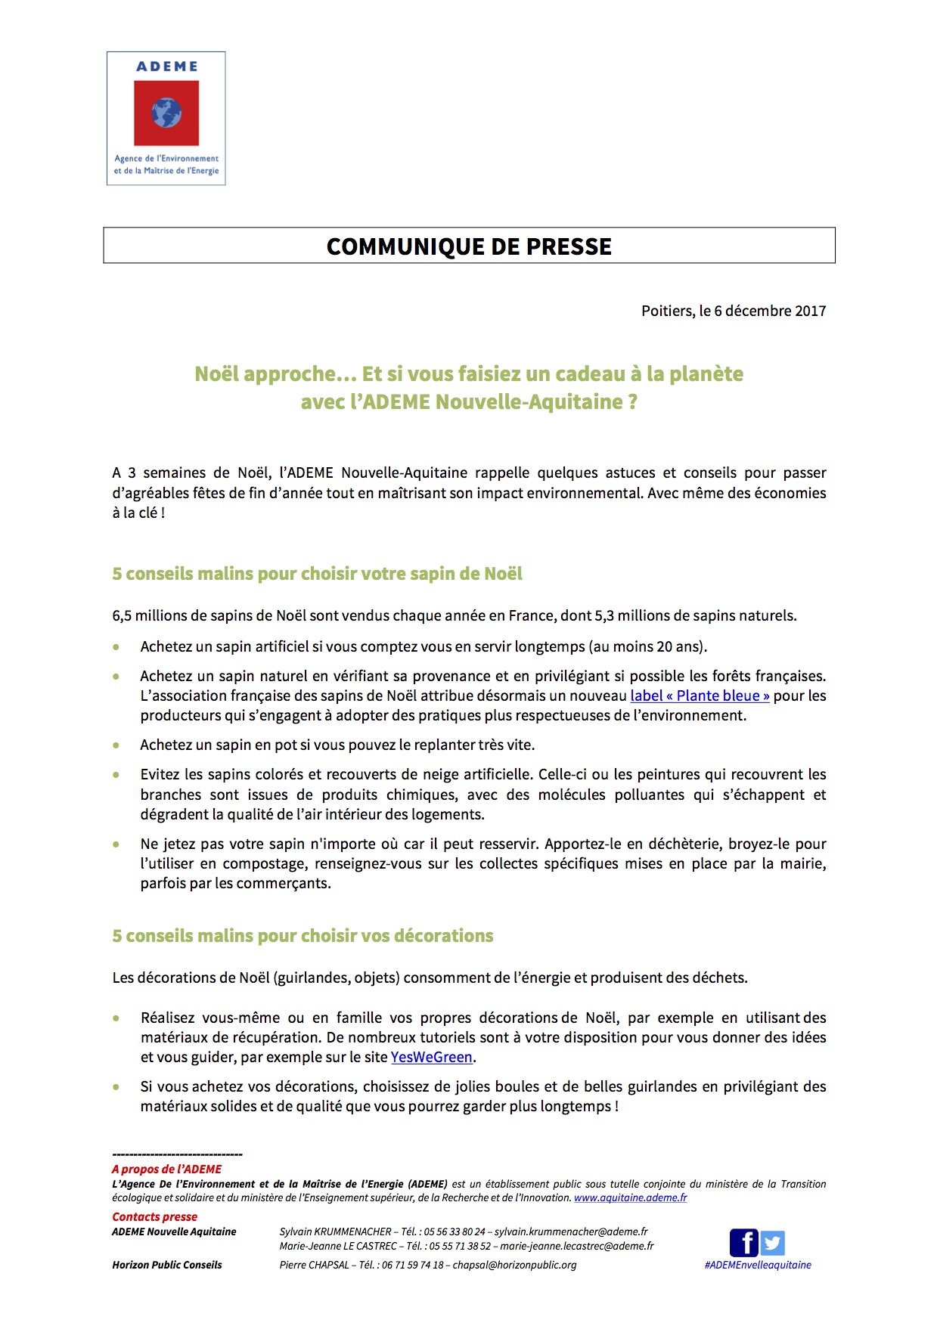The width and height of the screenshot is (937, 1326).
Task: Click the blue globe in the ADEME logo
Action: [166, 113]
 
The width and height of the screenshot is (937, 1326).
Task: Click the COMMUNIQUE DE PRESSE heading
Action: [469, 246]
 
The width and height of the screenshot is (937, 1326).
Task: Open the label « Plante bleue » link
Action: [700, 696]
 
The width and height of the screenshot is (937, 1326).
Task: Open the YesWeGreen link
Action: [431, 1057]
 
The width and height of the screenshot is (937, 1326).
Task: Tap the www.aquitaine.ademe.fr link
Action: [630, 1197]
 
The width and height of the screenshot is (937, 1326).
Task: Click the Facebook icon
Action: [743, 1243]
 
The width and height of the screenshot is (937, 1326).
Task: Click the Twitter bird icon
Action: [772, 1243]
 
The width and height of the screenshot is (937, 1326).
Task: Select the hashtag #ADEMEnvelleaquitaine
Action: [757, 1265]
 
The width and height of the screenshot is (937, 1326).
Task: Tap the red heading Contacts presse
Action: [154, 1216]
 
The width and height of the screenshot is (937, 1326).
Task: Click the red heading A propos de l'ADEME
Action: [166, 1169]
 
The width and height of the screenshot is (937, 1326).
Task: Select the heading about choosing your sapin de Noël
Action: [317, 574]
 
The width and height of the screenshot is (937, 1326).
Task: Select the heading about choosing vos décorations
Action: [303, 936]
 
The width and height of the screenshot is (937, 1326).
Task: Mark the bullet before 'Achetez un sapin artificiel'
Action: [116, 647]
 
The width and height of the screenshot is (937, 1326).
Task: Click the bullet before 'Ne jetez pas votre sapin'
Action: [116, 844]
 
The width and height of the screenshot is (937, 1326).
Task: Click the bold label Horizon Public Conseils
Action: [167, 1265]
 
